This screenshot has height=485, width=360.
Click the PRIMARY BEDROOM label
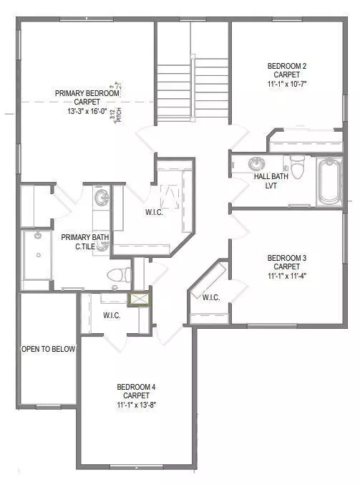(87, 92)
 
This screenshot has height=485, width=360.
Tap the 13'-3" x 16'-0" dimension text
(87, 111)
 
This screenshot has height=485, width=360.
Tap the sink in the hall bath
(258, 163)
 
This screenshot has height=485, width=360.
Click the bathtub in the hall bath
(330, 180)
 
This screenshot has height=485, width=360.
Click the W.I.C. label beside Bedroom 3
(211, 297)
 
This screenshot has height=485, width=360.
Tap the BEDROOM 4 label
(135, 388)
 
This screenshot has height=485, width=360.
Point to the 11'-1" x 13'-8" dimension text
(135, 405)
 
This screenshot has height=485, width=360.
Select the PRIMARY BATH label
(85, 237)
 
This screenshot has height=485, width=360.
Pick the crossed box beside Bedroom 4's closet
(138, 299)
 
